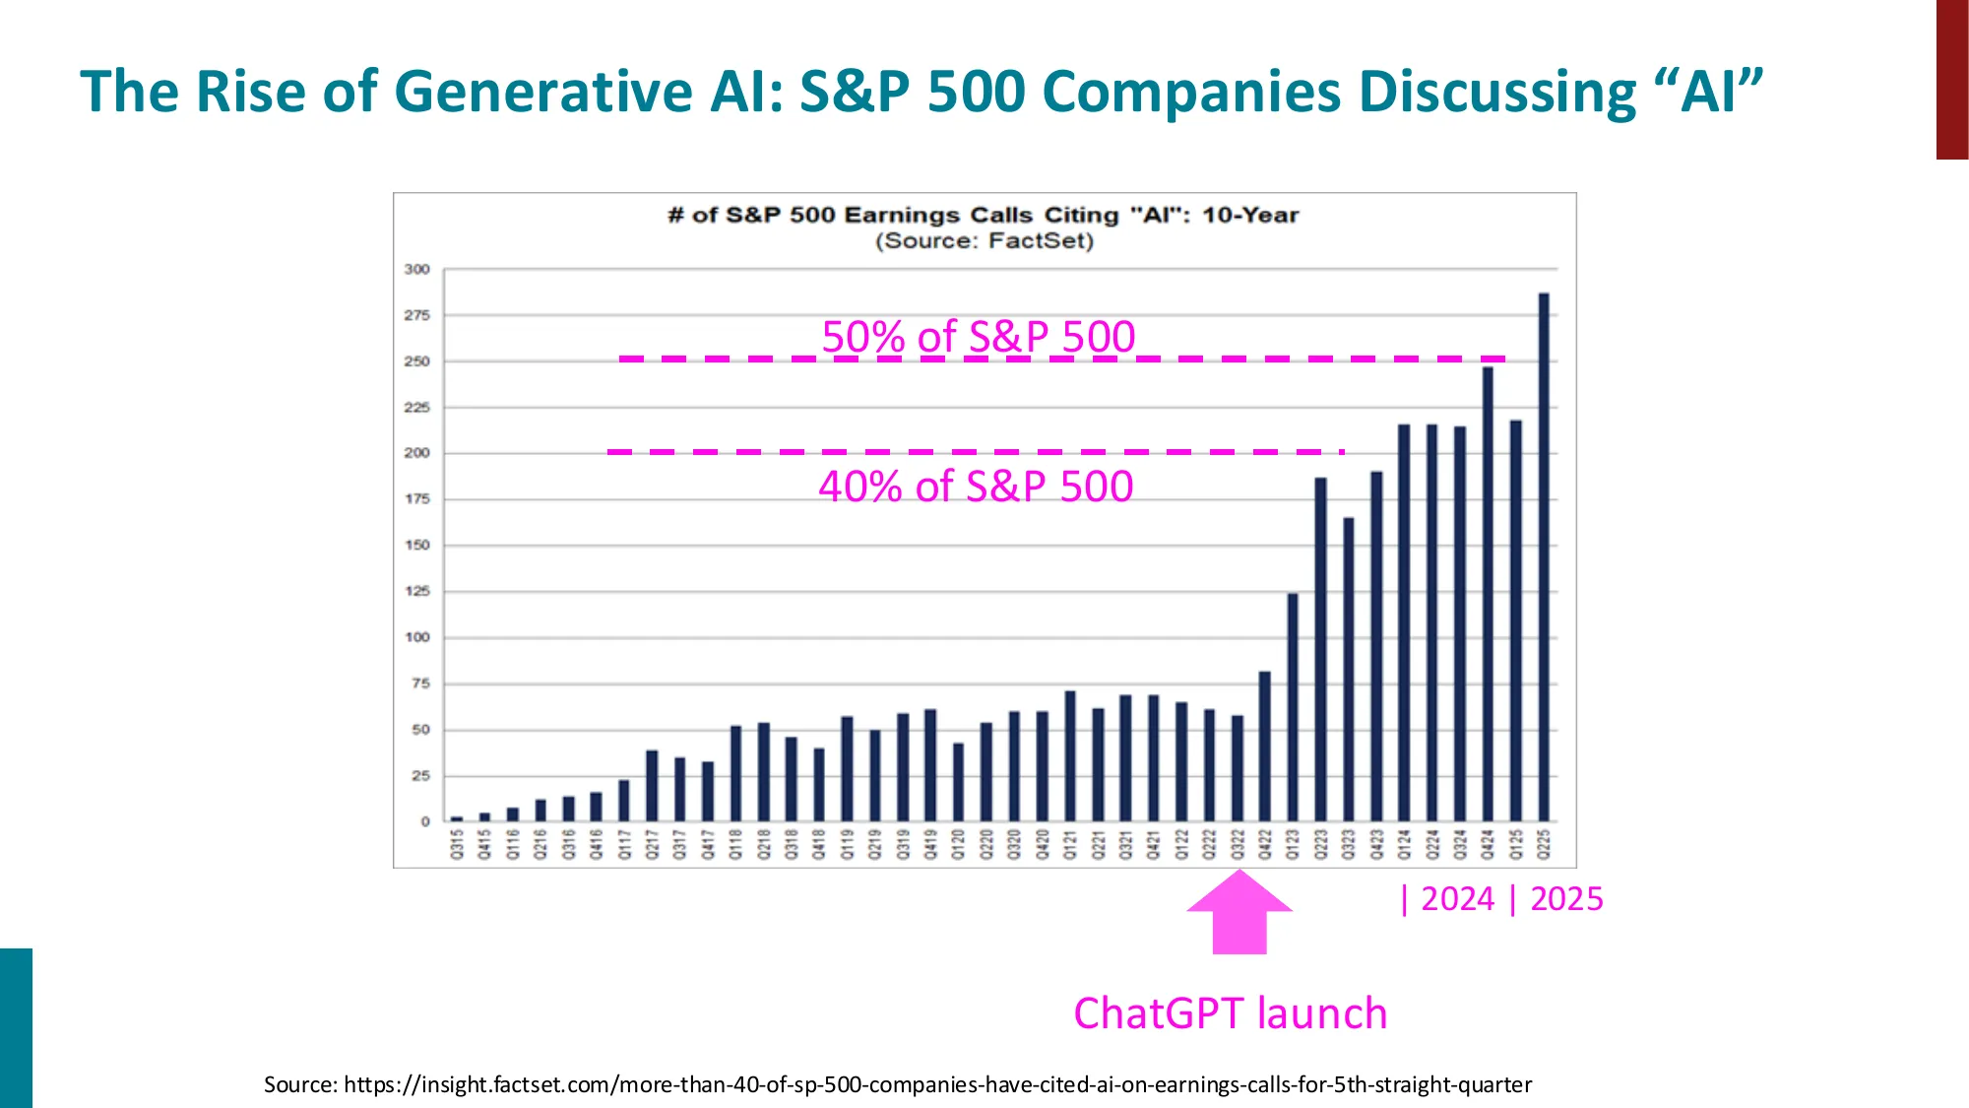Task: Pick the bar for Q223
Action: tap(1320, 650)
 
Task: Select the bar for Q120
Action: tap(958, 782)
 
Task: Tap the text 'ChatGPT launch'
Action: tap(1230, 1013)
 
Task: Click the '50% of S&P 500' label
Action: tap(978, 336)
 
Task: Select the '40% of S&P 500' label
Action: tap(976, 487)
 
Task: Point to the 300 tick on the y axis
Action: tap(417, 269)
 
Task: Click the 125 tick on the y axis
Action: tap(417, 591)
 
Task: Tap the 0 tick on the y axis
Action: tap(425, 821)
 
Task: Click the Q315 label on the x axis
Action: tap(457, 844)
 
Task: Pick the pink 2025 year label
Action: tap(1566, 899)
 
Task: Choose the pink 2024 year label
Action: tap(1458, 899)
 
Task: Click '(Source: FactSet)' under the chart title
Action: tap(984, 241)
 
